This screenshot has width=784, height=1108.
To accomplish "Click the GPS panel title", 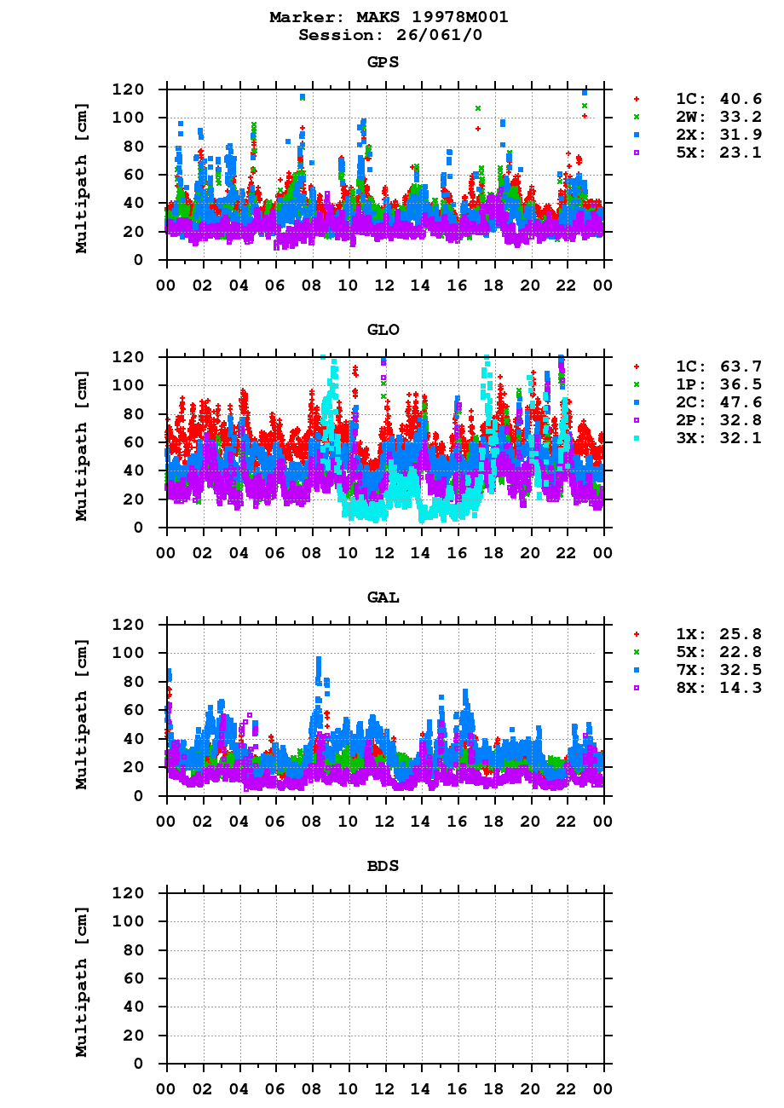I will point(383,62).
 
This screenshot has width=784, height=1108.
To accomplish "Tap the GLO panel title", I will point(383,330).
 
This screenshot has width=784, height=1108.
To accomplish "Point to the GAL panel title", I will point(383,597).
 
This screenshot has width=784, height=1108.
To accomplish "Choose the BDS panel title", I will point(383,866).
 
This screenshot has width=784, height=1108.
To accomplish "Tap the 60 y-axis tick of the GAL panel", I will point(132,710).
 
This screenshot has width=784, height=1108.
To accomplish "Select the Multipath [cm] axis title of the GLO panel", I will point(82,446).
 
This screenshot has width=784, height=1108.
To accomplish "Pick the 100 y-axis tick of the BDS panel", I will point(128,921).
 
